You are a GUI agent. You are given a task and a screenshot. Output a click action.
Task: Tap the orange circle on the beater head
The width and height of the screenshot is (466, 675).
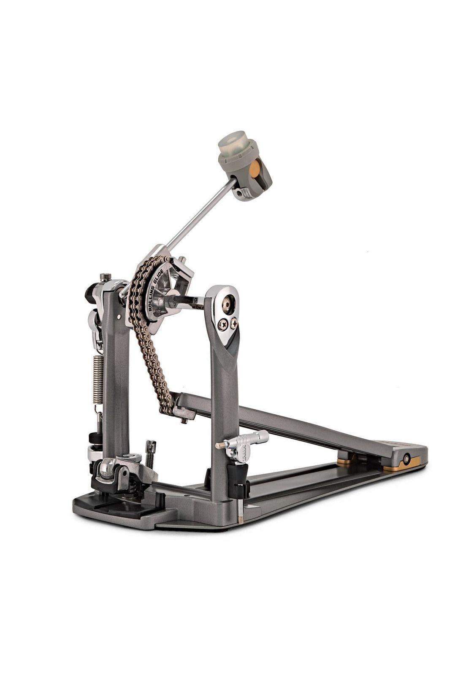point(255,170)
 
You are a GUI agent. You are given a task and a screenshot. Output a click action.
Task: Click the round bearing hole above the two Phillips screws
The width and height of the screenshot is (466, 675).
point(229,302)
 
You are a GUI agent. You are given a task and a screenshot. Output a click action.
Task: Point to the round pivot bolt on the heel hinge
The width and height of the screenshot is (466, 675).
point(406,459)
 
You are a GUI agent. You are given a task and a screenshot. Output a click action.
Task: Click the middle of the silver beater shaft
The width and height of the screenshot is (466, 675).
point(198,215)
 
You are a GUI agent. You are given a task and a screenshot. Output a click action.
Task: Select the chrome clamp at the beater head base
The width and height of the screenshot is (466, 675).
point(242,193)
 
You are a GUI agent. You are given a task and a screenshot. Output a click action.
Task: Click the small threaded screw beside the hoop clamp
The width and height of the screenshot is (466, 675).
point(150,454)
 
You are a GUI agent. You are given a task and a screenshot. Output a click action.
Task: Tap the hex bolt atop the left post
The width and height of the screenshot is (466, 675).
point(105,278)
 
